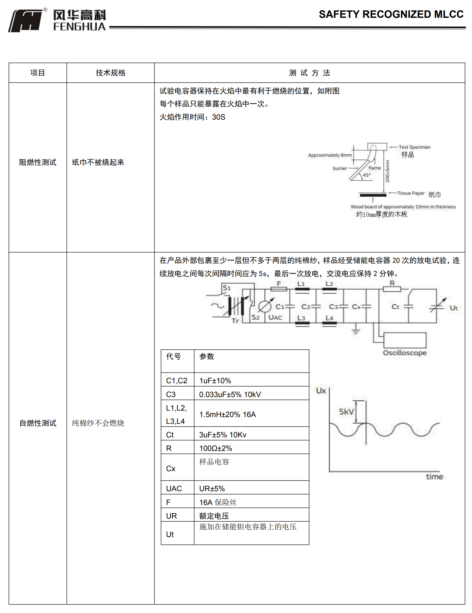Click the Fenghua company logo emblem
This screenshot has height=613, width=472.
(26, 20)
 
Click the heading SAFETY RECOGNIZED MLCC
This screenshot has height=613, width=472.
(391, 14)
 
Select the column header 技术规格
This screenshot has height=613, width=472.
(110, 73)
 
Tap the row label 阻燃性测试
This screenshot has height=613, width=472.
(38, 162)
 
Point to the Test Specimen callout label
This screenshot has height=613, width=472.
(414, 147)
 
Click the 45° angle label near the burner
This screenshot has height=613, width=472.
(366, 175)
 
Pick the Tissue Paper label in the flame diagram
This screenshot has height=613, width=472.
(411, 193)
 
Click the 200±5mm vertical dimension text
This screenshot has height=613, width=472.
(387, 171)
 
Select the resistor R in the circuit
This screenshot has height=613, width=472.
(392, 289)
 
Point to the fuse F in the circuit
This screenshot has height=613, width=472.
(279, 289)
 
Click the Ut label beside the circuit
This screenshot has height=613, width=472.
(454, 308)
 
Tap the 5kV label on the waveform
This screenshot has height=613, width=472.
(346, 412)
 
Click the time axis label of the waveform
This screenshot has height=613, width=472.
(434, 476)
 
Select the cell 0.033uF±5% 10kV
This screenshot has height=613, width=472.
(230, 394)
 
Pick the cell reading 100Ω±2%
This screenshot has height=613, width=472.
(216, 448)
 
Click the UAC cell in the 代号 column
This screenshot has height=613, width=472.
(174, 488)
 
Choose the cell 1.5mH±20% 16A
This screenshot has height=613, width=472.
(227, 414)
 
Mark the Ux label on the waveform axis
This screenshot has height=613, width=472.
(321, 391)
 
